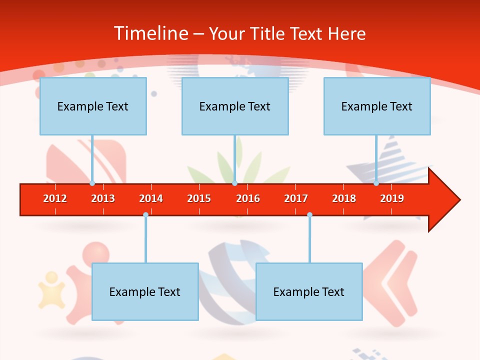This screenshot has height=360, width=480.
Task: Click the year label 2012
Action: (x=55, y=198)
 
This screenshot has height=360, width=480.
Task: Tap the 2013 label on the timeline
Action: (x=103, y=198)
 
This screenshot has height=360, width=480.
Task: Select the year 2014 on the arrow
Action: (x=151, y=198)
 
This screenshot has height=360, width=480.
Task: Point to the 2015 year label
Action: (x=199, y=198)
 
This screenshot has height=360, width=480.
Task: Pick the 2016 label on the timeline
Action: (x=248, y=198)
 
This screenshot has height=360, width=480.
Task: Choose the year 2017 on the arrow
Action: (x=296, y=198)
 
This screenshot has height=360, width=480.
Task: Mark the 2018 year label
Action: (x=344, y=198)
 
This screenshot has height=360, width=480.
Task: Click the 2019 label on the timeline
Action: (x=392, y=198)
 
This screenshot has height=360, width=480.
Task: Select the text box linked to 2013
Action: (x=93, y=106)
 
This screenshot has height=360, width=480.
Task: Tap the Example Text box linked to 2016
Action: (x=235, y=106)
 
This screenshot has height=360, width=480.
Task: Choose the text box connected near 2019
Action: (x=377, y=106)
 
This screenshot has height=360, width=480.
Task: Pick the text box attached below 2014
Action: (x=145, y=291)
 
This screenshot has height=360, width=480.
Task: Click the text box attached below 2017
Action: (x=309, y=291)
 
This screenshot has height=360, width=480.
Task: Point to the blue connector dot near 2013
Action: (x=92, y=183)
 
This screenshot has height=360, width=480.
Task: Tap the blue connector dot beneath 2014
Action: (x=145, y=214)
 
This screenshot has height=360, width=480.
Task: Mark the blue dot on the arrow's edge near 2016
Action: (x=234, y=183)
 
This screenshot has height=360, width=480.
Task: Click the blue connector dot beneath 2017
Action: (x=309, y=214)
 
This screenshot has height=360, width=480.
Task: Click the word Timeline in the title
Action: (x=150, y=33)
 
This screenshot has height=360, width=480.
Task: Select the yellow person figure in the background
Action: (x=51, y=289)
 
